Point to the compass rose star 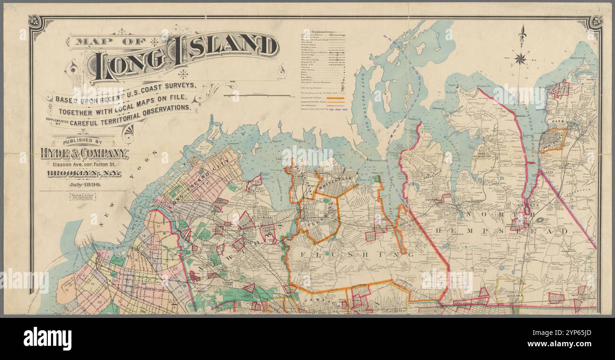pos(520,59)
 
